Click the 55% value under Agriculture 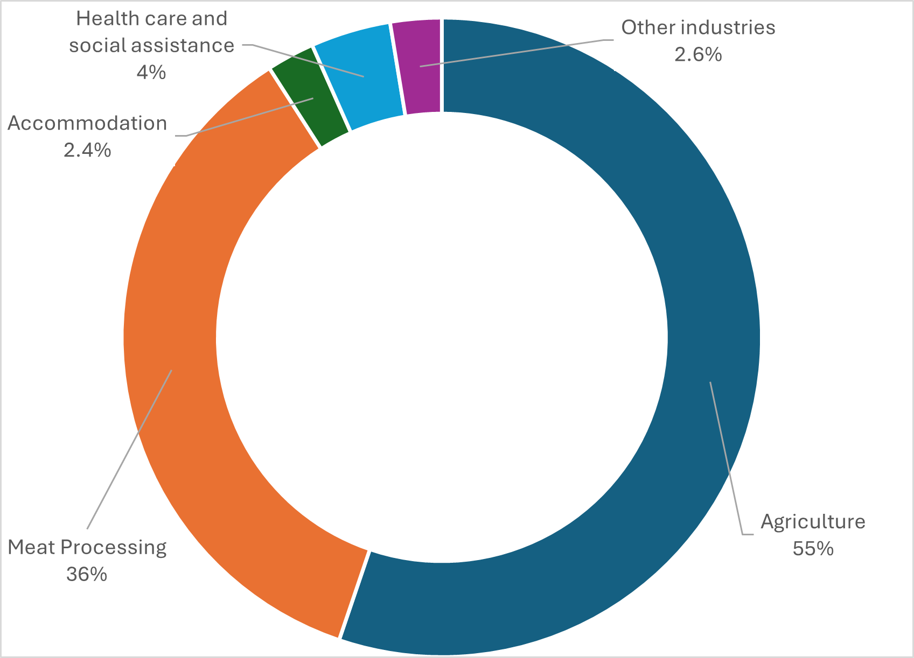813,549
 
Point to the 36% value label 87,574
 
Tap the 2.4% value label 87,150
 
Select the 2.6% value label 698,54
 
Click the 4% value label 151,72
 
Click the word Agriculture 813,521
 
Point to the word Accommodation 87,123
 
